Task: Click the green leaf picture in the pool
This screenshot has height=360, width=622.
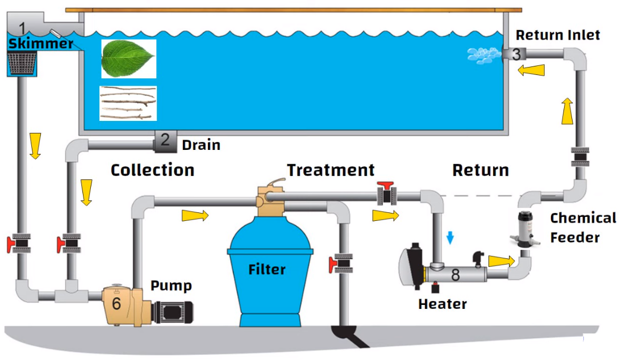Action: pyautogui.click(x=128, y=58)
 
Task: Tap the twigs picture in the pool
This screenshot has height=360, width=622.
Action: pyautogui.click(x=128, y=103)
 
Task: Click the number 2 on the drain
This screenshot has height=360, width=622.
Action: pyautogui.click(x=165, y=140)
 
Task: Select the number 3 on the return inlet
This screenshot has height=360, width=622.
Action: pyautogui.click(x=516, y=55)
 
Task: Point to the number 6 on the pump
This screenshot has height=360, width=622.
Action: pyautogui.click(x=116, y=303)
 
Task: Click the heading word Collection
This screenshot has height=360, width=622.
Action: pyautogui.click(x=152, y=170)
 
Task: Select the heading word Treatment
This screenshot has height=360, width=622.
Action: pyautogui.click(x=331, y=170)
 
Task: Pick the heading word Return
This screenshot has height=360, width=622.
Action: pyautogui.click(x=481, y=170)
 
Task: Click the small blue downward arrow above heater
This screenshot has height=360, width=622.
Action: pyautogui.click(x=450, y=238)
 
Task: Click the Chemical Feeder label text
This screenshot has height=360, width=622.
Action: pyautogui.click(x=575, y=227)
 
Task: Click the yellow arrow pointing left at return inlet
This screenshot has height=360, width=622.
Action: pyautogui.click(x=531, y=70)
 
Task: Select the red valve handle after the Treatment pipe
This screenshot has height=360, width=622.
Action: pyautogui.click(x=387, y=186)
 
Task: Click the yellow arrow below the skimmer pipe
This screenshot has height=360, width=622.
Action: pyautogui.click(x=35, y=145)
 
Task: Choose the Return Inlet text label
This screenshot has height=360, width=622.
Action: pyautogui.click(x=557, y=35)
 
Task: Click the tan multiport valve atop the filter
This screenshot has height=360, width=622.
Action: pyautogui.click(x=270, y=199)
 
